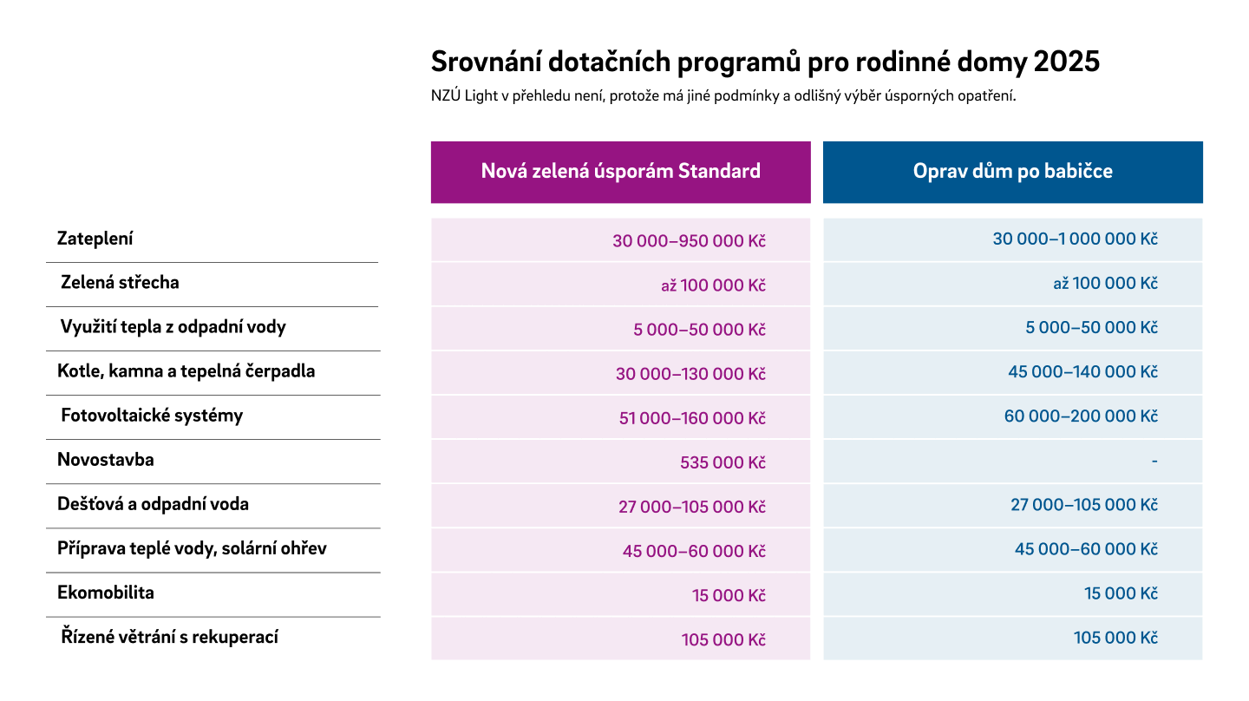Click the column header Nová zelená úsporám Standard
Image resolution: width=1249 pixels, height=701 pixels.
coord(621,171)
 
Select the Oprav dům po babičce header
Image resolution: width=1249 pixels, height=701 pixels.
coord(1012,171)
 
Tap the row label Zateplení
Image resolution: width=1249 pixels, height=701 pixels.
coord(95,239)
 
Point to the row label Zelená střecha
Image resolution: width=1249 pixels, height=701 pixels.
coord(120,282)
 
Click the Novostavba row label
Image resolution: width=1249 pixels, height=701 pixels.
coord(106,460)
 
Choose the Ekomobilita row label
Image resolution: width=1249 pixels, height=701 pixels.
coord(106,593)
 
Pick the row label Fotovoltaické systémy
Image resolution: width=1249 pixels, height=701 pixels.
coord(152,416)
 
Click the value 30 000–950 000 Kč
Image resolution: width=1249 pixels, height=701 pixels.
coord(690,241)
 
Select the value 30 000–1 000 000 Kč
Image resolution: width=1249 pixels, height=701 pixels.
coord(1075,239)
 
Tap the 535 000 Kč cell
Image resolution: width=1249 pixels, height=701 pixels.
coord(723,462)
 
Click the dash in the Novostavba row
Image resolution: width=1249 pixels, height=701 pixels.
coord(1154,462)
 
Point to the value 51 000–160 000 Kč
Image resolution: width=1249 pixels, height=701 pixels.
coord(692,418)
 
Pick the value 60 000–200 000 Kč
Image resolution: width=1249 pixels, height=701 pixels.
coord(1081,416)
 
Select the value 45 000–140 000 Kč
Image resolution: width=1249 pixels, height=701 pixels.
coord(1082,371)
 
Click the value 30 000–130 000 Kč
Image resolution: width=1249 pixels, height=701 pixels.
coord(690,374)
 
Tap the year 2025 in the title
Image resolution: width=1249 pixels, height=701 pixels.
coord(1067,62)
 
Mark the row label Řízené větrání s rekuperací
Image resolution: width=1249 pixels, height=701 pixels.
coord(169,637)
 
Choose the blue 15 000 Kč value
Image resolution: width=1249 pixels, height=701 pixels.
coord(1121,593)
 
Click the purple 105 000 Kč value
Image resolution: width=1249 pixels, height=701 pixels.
coord(723,639)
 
